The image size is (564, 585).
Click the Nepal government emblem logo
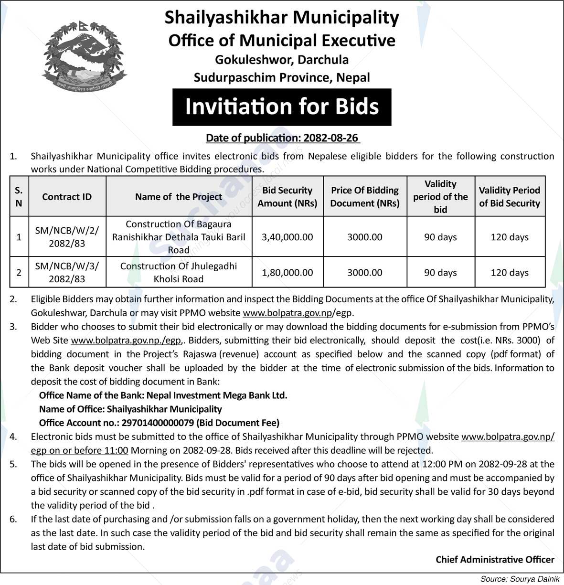tap(77, 56)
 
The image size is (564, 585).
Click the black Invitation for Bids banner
tap(282, 106)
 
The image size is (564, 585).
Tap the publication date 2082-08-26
tap(330, 138)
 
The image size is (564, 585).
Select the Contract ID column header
tap(67, 197)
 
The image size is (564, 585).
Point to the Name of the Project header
tap(179, 197)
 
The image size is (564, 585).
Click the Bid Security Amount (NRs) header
tap(287, 197)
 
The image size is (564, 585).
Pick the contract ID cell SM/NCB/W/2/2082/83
tap(67, 237)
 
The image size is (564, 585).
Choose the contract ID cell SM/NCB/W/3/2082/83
tap(67, 272)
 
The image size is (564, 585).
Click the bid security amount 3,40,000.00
tap(287, 237)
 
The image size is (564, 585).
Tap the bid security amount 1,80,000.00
tap(287, 273)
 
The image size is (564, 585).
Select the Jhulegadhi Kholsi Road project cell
tap(179, 272)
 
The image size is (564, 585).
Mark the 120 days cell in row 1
tap(510, 237)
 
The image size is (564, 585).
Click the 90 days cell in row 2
tap(440, 273)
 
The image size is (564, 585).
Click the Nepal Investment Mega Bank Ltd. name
tap(217, 395)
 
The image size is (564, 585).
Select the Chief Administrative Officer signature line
tap(495, 560)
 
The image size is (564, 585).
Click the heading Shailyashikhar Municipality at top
tap(282, 18)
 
